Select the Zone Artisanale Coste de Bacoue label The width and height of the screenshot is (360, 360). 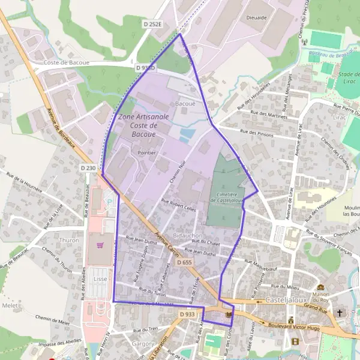138,125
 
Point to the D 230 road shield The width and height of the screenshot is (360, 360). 88,169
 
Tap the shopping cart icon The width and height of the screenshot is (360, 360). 99,244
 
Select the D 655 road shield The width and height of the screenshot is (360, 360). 184,263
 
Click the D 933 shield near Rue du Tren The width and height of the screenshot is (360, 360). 187,314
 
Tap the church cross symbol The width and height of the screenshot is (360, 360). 340,313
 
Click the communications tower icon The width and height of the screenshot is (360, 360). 304,43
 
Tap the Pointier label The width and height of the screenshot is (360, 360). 147,153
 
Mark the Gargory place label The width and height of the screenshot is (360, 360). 144,344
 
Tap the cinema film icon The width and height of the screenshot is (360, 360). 295,341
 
